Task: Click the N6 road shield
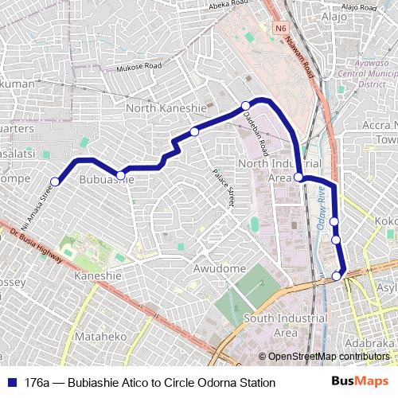[279, 29]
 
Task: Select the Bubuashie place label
[107, 181]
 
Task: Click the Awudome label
[220, 269]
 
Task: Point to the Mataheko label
[101, 337]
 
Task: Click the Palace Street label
[222, 187]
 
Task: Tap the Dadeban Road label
[256, 132]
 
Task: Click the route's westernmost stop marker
[56, 181]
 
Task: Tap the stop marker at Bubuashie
[121, 175]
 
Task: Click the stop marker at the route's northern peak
[246, 105]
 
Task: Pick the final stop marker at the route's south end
[337, 276]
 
